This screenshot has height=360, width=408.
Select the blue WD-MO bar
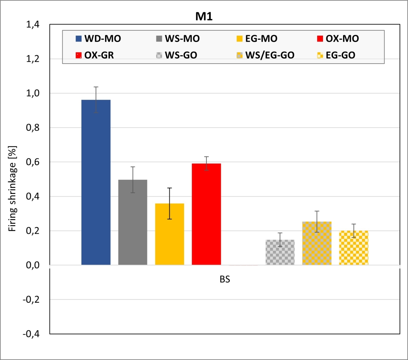pyautogui.click(x=96, y=182)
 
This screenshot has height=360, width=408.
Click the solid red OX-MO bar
pyautogui.click(x=206, y=214)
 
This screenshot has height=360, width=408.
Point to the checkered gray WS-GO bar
pyautogui.click(x=280, y=252)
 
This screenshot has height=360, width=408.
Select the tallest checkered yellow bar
pyautogui.click(x=317, y=243)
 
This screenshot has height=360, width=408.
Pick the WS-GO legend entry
pyautogui.click(x=176, y=55)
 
